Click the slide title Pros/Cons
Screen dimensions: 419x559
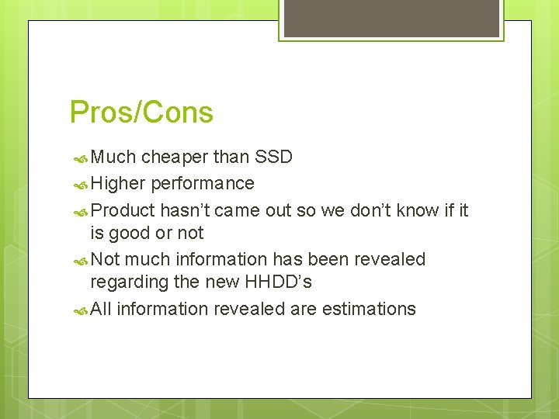141,113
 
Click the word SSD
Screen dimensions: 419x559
274,157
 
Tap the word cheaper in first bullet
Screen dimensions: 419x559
175,158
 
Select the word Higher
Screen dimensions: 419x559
118,184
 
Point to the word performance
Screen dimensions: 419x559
203,184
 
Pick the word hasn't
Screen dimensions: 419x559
185,210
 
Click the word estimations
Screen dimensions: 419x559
369,309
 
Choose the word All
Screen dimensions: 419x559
101,309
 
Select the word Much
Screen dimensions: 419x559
113,157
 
